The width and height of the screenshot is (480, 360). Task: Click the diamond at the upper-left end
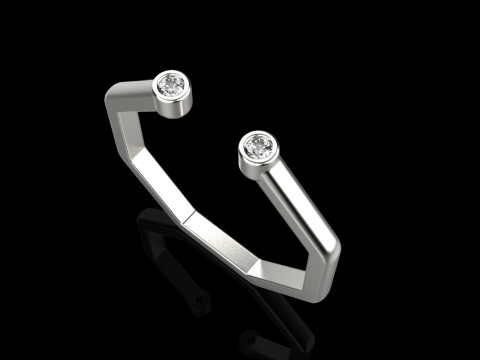(175, 86)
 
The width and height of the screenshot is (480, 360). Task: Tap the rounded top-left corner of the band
(113, 96)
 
